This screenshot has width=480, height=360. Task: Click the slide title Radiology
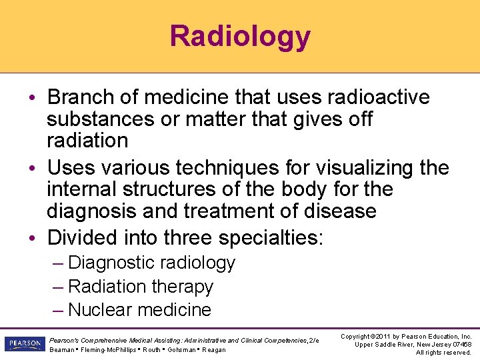point(240,36)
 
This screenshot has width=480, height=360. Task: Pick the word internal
point(83,189)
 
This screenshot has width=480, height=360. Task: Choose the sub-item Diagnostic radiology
point(151,263)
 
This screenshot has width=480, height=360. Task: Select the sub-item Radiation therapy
point(141,287)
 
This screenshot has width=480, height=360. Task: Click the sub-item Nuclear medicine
point(139,310)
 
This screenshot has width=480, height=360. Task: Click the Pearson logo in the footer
point(24,344)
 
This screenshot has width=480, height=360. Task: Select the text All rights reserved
point(443,352)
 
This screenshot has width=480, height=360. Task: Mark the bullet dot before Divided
point(38,238)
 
